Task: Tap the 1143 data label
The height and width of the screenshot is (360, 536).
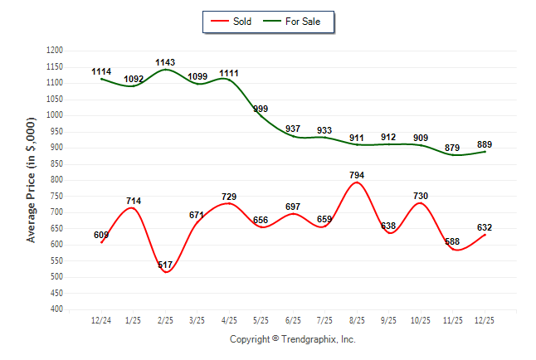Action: [x=165, y=62]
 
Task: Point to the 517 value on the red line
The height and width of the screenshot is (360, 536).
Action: [x=165, y=265]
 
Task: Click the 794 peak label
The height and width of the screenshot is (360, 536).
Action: [x=357, y=175]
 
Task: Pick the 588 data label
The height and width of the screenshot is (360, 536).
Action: [x=453, y=242]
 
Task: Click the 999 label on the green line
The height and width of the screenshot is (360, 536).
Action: [x=261, y=109]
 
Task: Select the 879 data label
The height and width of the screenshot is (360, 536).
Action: [x=453, y=148]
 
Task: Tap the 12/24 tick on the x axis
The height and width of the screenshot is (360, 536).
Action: [x=101, y=320]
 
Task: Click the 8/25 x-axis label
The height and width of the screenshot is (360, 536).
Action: [x=357, y=320]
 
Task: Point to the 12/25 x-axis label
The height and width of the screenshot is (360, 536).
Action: [x=485, y=320]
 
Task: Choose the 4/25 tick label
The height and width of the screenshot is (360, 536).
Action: [x=229, y=320]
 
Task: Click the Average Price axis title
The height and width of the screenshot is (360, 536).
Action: [x=32, y=180]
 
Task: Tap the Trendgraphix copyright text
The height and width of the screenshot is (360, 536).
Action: [x=292, y=339]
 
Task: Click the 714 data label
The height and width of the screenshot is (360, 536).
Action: [x=134, y=201]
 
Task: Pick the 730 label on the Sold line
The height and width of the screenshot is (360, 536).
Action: [x=421, y=196]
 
